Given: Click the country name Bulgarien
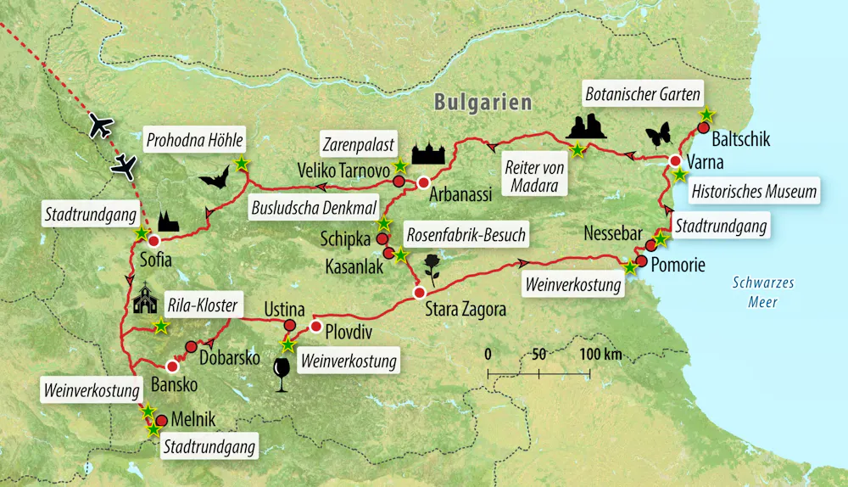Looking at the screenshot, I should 483,103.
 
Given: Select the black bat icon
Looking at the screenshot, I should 214,178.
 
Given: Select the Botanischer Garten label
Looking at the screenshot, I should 642,94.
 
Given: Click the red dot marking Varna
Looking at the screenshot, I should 675,161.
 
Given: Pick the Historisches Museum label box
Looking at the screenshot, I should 755,192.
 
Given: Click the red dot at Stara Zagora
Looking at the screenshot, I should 418,293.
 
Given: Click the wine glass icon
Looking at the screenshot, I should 282,372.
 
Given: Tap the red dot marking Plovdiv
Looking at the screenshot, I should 315,327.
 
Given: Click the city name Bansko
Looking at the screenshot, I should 174,385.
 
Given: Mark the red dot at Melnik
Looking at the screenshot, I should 161,419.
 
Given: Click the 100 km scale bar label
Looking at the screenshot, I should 601,352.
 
